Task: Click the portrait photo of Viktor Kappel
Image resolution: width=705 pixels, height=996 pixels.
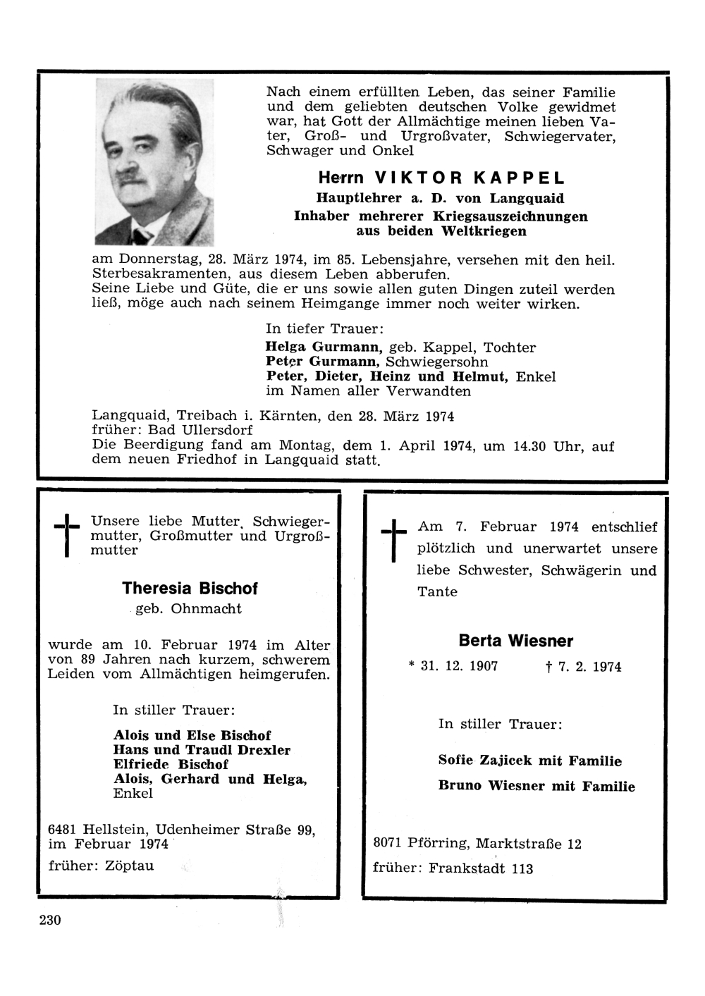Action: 154,162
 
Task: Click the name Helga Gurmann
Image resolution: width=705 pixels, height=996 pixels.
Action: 324,347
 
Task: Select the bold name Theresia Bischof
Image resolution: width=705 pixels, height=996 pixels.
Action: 190,589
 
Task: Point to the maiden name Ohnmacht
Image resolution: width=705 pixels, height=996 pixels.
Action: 206,609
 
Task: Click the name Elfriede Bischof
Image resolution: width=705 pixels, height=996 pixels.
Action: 171,765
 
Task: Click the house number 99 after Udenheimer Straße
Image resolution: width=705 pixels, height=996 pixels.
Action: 305,830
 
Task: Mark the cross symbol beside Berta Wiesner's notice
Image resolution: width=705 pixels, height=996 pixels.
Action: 393,540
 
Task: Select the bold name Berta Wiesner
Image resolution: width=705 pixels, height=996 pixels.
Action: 515,641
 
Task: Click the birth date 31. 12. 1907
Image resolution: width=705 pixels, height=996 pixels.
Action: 459,666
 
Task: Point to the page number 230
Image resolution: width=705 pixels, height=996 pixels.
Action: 50,920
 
